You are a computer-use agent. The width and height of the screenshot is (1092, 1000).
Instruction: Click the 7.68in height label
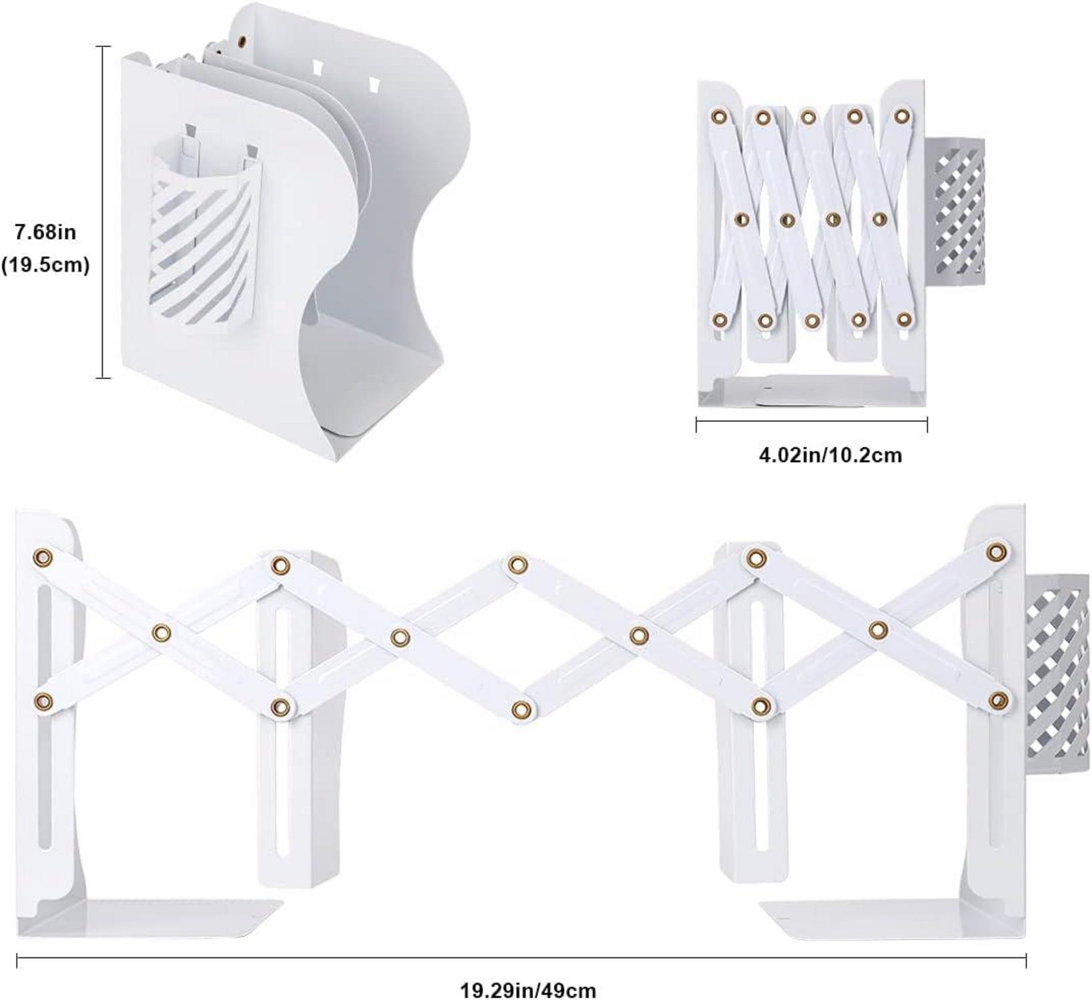point(45,233)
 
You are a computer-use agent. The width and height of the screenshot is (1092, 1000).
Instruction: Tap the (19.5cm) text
point(45,265)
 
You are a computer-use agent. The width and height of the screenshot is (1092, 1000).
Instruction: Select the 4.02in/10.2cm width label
point(831,455)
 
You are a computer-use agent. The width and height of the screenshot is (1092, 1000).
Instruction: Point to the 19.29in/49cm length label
point(528,989)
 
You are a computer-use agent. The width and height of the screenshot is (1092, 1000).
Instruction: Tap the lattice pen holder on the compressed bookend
point(955,211)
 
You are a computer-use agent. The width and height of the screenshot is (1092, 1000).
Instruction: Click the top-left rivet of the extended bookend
point(43,557)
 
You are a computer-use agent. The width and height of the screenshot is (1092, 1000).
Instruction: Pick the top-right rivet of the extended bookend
point(997,551)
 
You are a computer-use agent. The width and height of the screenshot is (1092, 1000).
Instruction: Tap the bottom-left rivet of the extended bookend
point(43,701)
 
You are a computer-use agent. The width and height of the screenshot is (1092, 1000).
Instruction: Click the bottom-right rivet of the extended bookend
point(998,699)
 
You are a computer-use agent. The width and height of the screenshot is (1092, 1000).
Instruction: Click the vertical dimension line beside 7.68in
point(103,212)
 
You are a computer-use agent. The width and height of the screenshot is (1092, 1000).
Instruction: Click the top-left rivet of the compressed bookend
point(719,117)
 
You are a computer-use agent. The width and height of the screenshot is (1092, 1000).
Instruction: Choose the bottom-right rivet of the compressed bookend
point(903,319)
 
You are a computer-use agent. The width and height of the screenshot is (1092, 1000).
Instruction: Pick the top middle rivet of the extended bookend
point(516,565)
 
